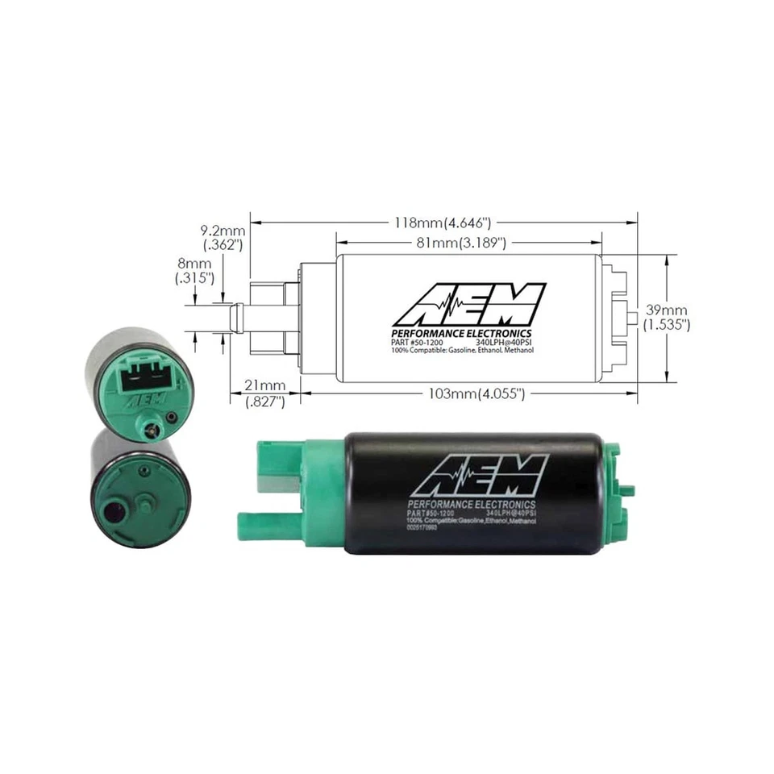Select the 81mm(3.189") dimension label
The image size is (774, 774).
coord(468,242)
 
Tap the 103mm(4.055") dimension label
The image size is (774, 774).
coord(477,394)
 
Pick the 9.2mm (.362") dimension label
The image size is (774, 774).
coord(222,238)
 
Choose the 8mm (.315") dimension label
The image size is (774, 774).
coord(194,270)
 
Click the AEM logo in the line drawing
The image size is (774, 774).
coord(468,305)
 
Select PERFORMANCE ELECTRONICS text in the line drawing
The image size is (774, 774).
coord(461,334)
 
